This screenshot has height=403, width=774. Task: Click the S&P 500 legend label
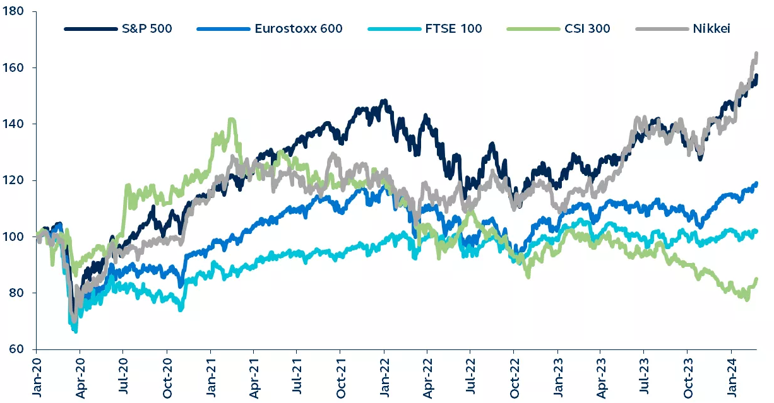[146, 28]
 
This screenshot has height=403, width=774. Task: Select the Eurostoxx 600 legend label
[299, 28]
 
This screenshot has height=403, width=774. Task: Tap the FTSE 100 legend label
[453, 28]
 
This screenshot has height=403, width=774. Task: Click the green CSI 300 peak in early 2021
[232, 119]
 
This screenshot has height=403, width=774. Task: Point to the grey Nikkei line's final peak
[756, 54]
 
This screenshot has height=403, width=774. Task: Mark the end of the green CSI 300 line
[756, 279]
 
